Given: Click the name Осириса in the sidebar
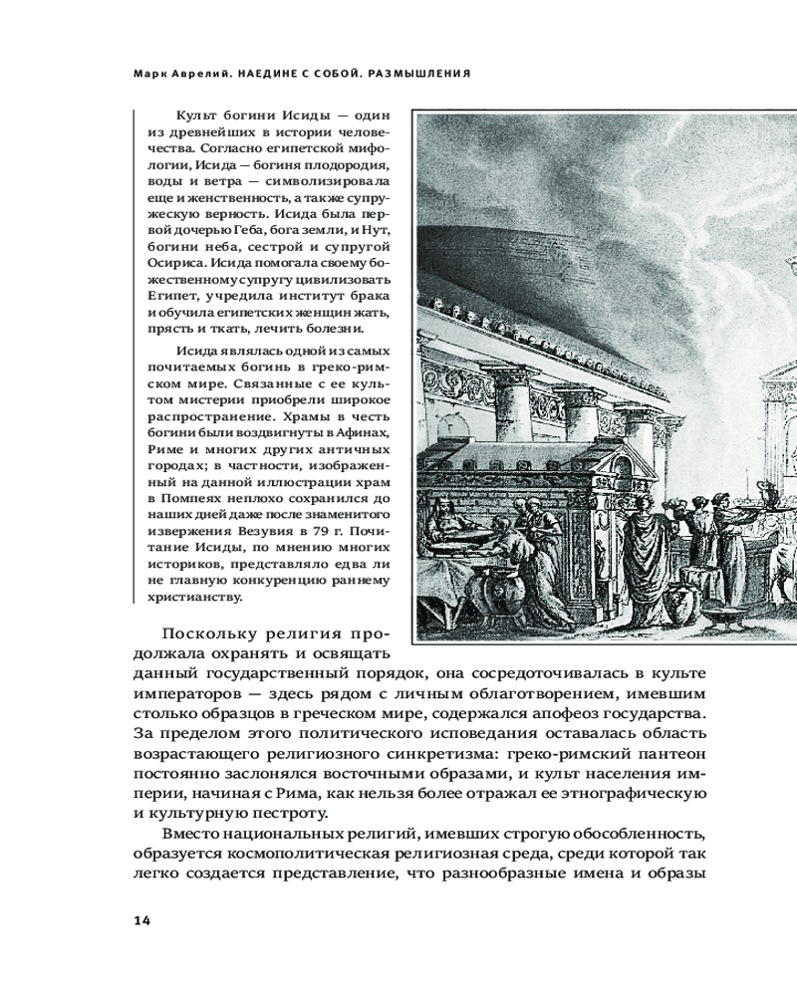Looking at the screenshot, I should pyautogui.click(x=173, y=263).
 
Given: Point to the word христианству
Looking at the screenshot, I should pyautogui.click(x=193, y=597).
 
